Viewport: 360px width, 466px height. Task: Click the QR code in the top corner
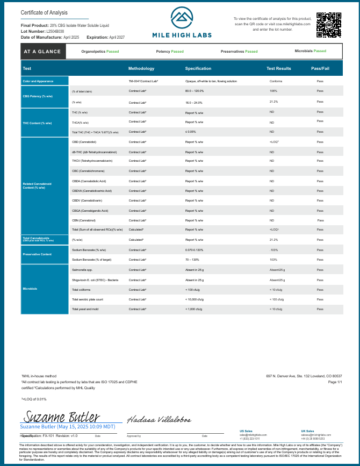point(328,25)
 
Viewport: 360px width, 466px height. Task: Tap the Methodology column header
point(141,69)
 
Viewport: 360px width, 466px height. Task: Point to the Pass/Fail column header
point(320,69)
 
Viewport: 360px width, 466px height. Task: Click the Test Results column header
point(279,69)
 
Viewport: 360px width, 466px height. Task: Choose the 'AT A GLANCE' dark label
point(44,52)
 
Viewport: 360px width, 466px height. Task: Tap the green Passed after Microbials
point(320,51)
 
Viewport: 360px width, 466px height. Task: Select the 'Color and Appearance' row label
point(38,81)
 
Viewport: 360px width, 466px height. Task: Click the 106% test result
point(273,91)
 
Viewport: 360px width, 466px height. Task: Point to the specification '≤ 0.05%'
point(191,132)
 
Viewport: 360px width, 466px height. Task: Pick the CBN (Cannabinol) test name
point(84,220)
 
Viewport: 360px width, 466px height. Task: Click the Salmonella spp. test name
point(82,270)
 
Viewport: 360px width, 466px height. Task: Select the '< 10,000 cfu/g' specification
point(195,299)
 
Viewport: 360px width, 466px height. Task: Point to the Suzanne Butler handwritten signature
point(61,417)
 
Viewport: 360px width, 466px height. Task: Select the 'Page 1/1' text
point(335,382)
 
